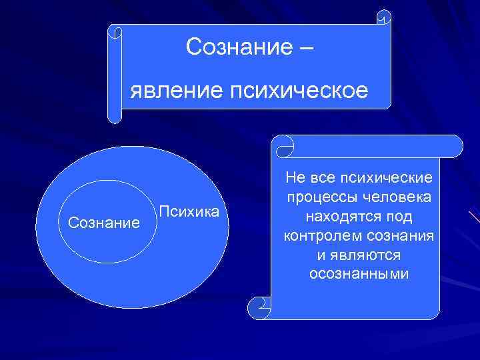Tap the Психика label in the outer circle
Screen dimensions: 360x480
pyautogui.click(x=189, y=212)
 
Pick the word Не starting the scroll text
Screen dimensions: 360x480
pyautogui.click(x=294, y=178)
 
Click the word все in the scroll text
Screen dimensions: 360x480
pyautogui.click(x=323, y=178)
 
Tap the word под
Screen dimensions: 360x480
pyautogui.click(x=399, y=217)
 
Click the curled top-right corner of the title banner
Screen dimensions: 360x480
pyautogui.click(x=384, y=17)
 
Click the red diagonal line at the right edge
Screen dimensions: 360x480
pyautogui.click(x=474, y=217)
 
